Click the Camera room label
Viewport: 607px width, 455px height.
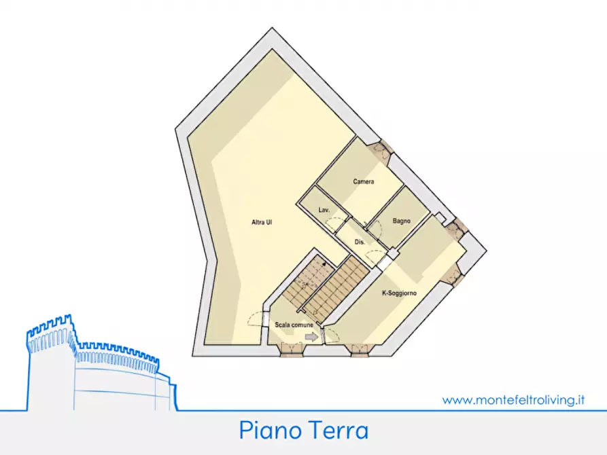pyautogui.click(x=364, y=182)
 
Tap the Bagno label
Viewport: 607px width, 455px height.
pyautogui.click(x=400, y=221)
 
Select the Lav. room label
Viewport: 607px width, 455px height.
pyautogui.click(x=324, y=211)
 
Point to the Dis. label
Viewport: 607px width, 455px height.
pyautogui.click(x=360, y=242)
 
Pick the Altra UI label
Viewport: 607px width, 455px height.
pyautogui.click(x=262, y=222)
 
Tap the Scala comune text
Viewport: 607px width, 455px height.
pyautogui.click(x=294, y=325)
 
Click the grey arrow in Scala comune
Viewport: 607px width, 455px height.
pyautogui.click(x=312, y=335)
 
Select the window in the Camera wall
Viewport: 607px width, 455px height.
pyautogui.click(x=382, y=150)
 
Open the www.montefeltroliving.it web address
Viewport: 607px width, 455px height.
pyautogui.click(x=513, y=400)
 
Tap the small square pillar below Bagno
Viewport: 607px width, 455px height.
pyautogui.click(x=391, y=253)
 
